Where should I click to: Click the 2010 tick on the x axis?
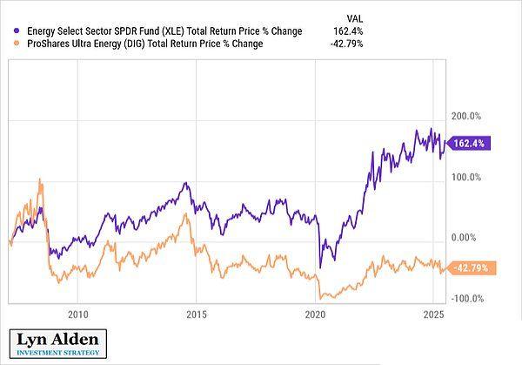77,314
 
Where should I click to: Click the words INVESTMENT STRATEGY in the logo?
59,353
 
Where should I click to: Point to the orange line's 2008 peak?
40,179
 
